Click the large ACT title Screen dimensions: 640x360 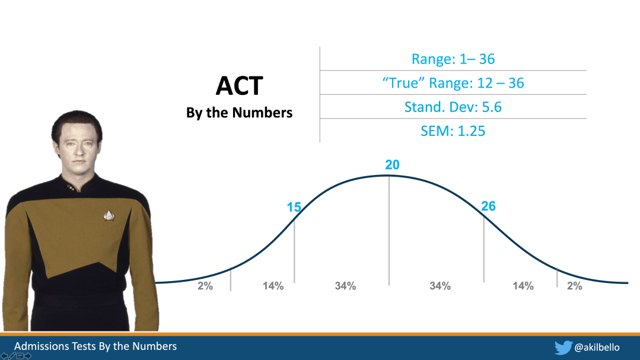(x=239, y=86)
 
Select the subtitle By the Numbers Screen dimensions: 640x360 (x=239, y=113)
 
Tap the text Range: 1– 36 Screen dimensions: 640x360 (x=453, y=59)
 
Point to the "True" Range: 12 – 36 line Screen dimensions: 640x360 (x=453, y=83)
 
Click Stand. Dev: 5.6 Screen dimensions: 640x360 (x=453, y=107)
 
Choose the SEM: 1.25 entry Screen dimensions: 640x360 (x=453, y=131)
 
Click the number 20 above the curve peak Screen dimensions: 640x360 (x=392, y=165)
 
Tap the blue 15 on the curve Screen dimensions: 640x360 (x=294, y=208)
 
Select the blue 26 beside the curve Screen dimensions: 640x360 (x=488, y=206)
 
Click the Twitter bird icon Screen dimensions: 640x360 (x=563, y=348)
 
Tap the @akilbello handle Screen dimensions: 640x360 (x=597, y=348)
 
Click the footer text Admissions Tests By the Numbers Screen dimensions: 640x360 (x=95, y=346)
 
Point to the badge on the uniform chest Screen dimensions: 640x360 (x=109, y=215)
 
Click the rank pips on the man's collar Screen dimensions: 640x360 (x=71, y=188)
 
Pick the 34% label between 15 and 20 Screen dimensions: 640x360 (x=345, y=286)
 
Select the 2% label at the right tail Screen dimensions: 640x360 (x=575, y=286)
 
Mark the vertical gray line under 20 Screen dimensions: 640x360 (x=389, y=230)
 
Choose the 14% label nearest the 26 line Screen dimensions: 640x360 (x=523, y=286)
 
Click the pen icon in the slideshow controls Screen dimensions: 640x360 (x=12, y=356)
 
